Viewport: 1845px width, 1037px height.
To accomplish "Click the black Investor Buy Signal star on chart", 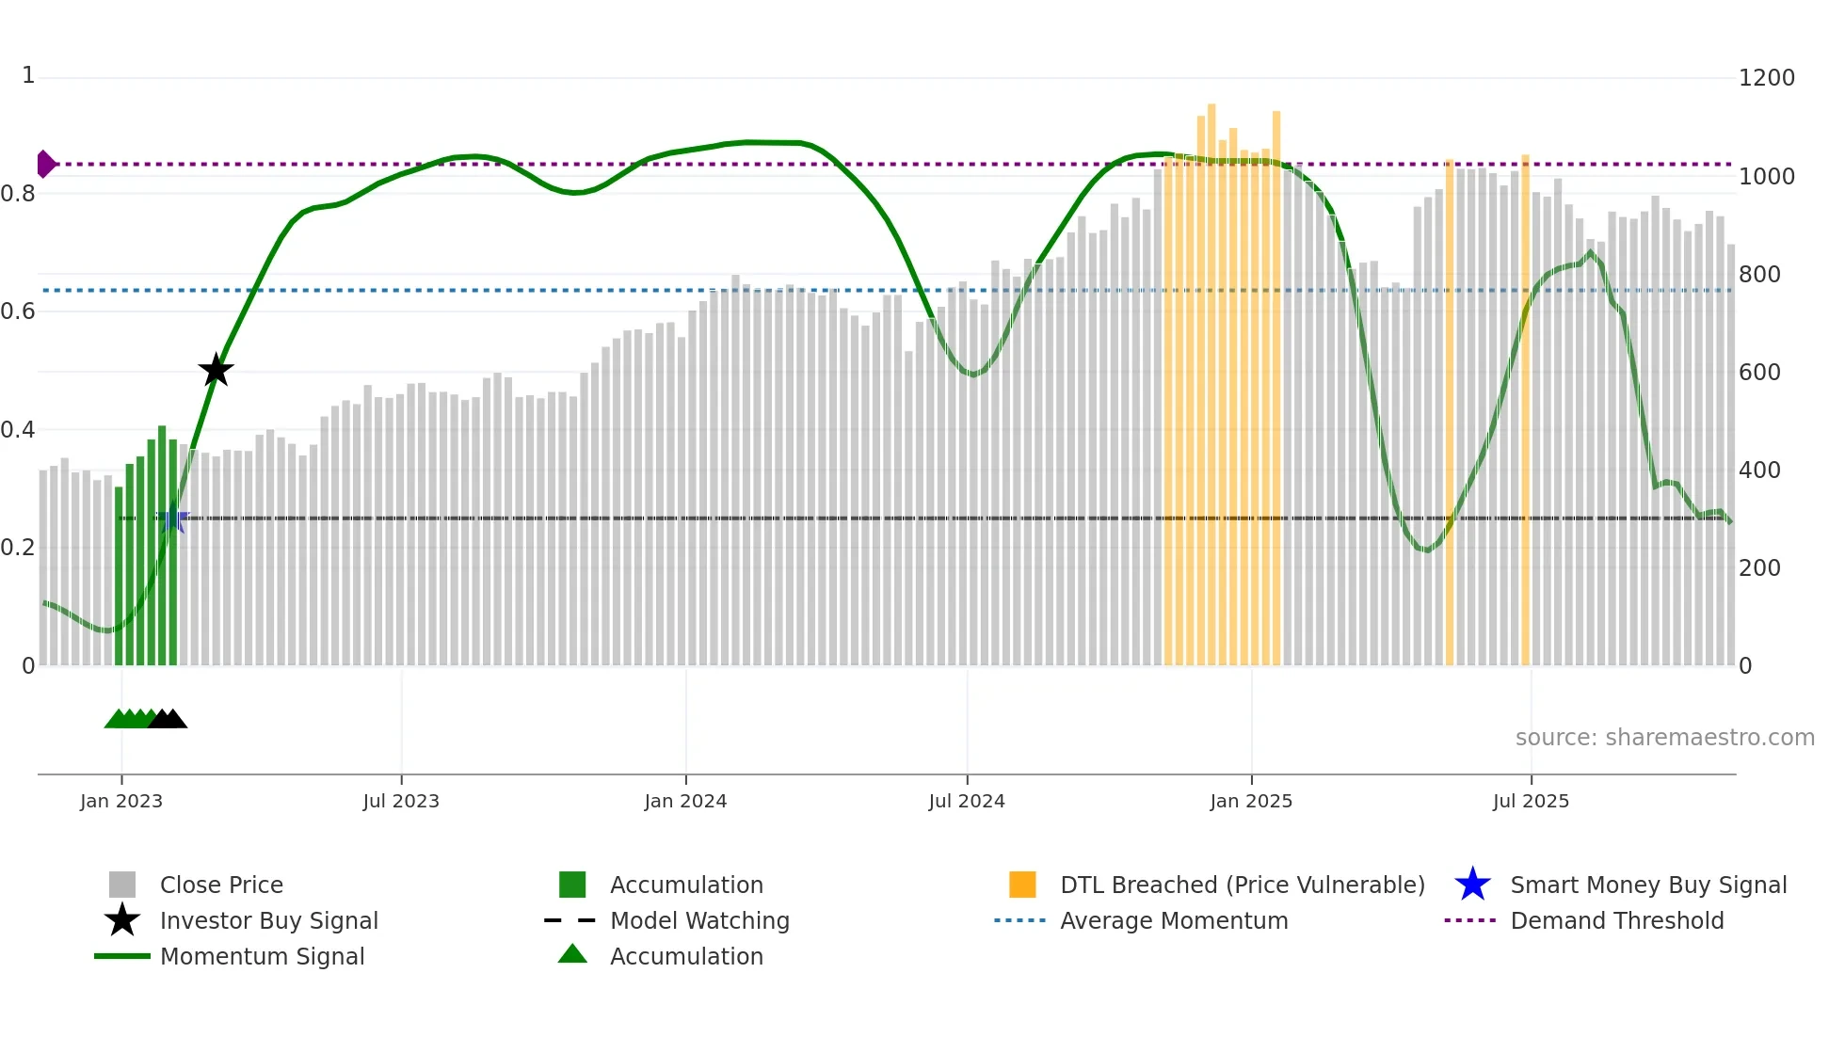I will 216,370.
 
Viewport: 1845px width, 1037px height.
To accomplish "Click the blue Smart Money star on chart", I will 173,518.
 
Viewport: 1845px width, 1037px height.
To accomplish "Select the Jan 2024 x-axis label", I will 685,801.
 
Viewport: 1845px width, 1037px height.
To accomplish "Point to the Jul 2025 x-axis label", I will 1531,801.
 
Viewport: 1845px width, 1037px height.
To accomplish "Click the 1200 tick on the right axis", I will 1766,78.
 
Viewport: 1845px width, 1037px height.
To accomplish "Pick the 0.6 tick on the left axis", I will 18,311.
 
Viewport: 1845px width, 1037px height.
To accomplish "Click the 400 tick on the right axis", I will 1759,470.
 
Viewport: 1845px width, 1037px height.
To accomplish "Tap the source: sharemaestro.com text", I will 1664,738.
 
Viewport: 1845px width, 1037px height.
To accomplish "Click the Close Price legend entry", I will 221,885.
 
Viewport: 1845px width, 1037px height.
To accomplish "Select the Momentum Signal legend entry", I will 262,956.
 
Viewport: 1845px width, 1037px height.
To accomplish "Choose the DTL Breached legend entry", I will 1242,885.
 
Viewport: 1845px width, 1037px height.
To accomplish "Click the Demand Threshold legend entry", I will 1616,920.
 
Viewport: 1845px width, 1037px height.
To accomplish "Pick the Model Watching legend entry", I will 699,920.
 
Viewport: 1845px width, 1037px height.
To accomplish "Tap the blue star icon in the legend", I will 1472,885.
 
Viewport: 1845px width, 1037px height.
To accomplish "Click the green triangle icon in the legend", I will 572,954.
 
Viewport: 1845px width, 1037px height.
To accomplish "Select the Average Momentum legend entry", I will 1173,920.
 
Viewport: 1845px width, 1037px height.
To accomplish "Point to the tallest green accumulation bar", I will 162,546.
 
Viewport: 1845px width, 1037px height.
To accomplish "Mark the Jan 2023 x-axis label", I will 121,801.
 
